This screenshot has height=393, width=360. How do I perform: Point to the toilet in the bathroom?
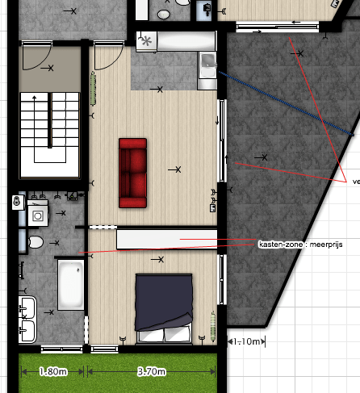pos(35,242)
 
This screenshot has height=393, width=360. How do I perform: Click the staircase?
pos(49,133)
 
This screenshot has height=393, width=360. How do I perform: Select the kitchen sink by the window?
pos(207,62)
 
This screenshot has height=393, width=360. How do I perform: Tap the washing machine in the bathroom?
pos(37,214)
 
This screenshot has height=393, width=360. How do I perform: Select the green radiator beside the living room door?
pos(94,86)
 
